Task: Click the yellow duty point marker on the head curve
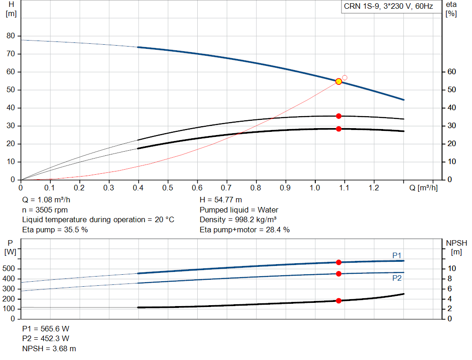click(x=339, y=82)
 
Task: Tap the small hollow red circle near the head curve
click(x=345, y=77)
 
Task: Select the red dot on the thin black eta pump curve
click(x=339, y=116)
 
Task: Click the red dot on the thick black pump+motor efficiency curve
click(x=339, y=129)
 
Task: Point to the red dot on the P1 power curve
click(x=339, y=262)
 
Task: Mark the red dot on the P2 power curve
click(x=339, y=274)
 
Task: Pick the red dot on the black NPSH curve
click(x=339, y=301)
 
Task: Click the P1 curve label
click(x=397, y=255)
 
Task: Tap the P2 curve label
click(x=397, y=278)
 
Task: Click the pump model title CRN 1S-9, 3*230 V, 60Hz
click(x=388, y=6)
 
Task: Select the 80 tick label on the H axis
click(x=11, y=36)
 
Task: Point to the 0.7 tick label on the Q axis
click(x=226, y=188)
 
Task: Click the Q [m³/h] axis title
click(x=424, y=188)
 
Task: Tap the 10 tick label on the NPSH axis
click(x=452, y=268)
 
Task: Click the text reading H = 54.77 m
click(x=221, y=200)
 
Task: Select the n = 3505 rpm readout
click(x=45, y=210)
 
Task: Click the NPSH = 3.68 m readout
click(x=49, y=348)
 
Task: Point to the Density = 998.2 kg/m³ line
click(x=238, y=220)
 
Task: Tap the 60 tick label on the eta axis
click(x=452, y=71)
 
